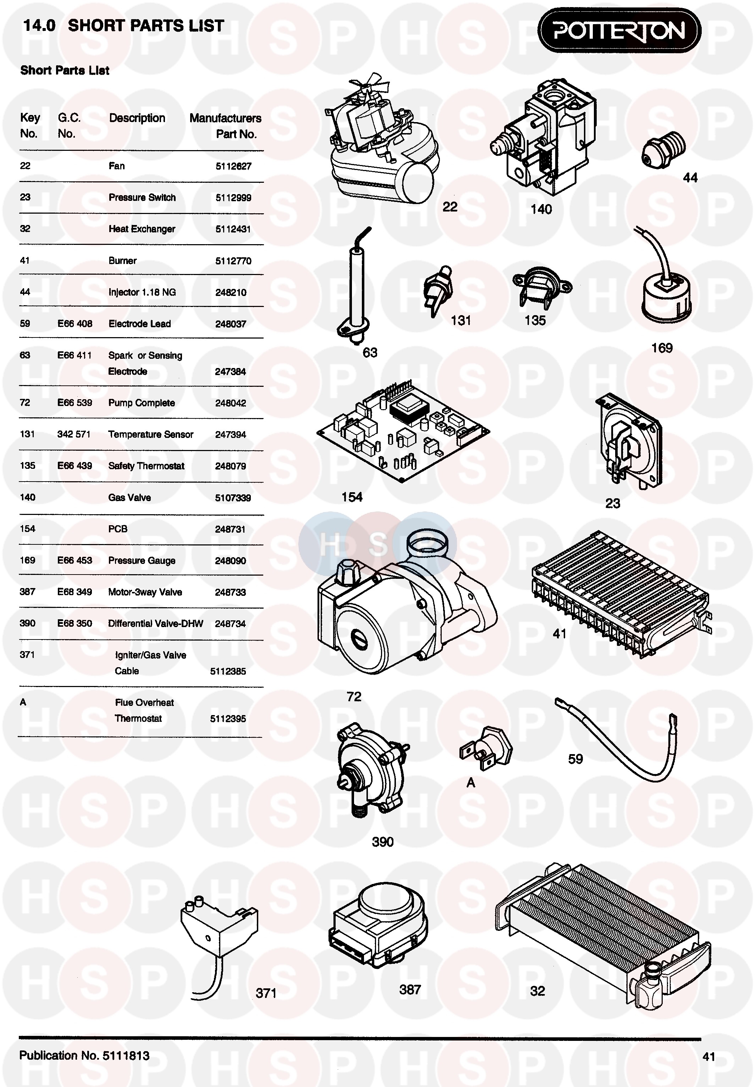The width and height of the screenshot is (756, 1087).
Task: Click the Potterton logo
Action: click(x=619, y=31)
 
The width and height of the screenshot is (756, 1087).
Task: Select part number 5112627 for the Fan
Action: click(x=233, y=166)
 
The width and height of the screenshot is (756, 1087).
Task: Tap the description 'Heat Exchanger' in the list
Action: click(x=142, y=229)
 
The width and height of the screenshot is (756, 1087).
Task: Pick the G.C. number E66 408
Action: click(x=75, y=324)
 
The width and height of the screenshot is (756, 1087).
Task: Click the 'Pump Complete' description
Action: click(x=142, y=403)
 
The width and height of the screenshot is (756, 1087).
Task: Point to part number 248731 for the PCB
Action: click(x=230, y=529)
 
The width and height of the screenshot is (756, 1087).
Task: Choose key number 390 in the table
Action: click(x=27, y=623)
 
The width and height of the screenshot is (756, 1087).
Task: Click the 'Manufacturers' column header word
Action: click(x=225, y=118)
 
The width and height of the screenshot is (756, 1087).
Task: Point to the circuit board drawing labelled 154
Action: click(x=402, y=431)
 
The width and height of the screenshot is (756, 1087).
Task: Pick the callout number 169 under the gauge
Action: click(x=661, y=348)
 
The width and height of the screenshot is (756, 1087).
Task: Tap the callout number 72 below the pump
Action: click(x=354, y=696)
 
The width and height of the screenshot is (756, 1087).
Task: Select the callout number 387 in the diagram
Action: click(x=410, y=989)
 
